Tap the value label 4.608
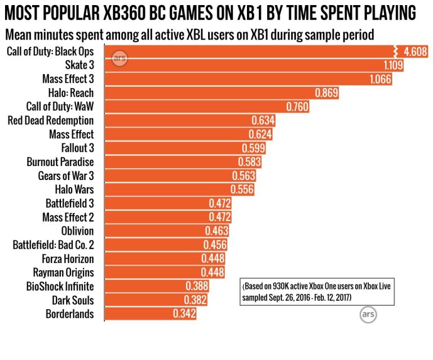415,52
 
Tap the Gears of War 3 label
66,175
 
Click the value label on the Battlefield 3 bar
220,203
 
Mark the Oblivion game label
77,231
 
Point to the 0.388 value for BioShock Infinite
197,286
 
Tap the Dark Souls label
73,300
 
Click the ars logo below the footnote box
368,313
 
